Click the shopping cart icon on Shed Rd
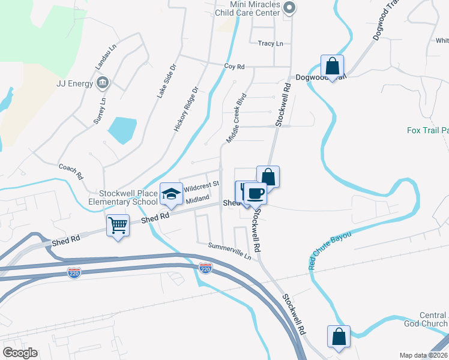[x=118, y=226]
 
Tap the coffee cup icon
[x=255, y=194]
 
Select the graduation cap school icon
[x=171, y=193]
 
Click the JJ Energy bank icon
[x=103, y=82]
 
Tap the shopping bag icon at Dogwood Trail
[x=331, y=65]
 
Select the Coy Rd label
[x=235, y=67]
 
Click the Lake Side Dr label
[x=168, y=92]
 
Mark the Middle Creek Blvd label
[x=237, y=118]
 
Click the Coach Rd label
[x=71, y=172]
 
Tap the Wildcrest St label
[x=202, y=187]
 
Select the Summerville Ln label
[x=229, y=251]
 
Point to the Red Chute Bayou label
[x=330, y=248]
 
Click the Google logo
[x=20, y=353]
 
